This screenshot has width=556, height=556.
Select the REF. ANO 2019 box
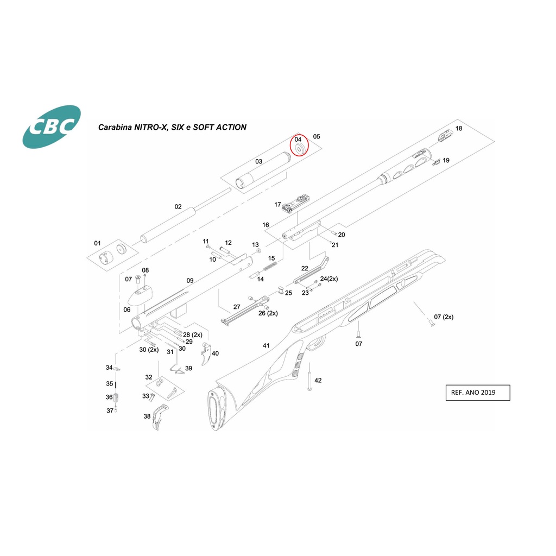[x=477, y=392]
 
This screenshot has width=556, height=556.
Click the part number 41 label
[x=266, y=346]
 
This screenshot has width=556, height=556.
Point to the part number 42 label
[x=318, y=381]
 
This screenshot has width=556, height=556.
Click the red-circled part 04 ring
[x=299, y=148]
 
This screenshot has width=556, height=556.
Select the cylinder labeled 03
[x=261, y=170]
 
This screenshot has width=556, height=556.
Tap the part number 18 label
[x=459, y=129]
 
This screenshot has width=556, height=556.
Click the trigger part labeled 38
[x=160, y=418]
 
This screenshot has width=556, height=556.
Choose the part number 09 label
[x=190, y=281]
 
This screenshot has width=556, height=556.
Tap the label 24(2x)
[x=329, y=279]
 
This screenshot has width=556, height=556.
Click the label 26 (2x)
[x=268, y=313]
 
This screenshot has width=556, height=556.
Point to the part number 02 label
[x=178, y=207]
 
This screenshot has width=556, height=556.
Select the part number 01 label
[x=98, y=243]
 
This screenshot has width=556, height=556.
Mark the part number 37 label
[x=110, y=410]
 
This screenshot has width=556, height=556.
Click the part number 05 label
[x=317, y=137]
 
